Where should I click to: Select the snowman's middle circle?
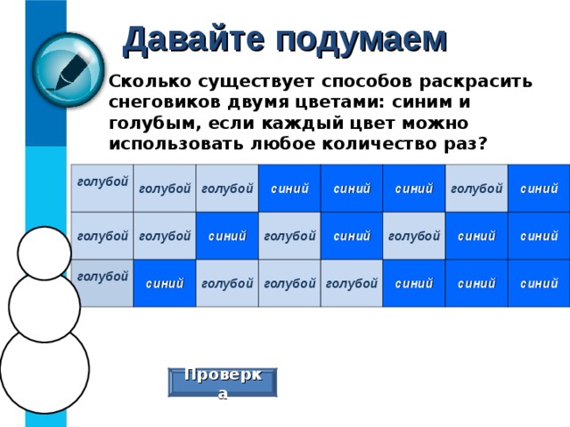[43, 305]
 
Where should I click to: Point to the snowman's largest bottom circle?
[45, 368]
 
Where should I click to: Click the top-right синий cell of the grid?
[539, 189]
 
